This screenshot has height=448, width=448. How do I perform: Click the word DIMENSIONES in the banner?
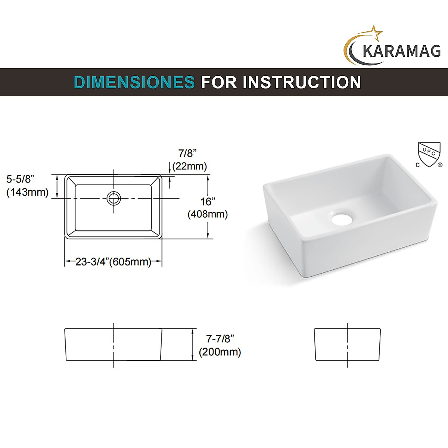click(x=134, y=83)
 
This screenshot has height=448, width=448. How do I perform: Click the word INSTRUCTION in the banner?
click(x=302, y=83)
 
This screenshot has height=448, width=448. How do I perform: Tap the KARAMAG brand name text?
click(x=401, y=51)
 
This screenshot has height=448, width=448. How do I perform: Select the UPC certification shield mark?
click(x=428, y=154)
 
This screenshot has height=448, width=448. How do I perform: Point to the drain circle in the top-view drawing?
click(x=114, y=198)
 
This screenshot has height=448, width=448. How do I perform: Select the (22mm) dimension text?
click(x=190, y=166)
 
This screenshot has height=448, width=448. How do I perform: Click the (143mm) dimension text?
click(x=27, y=192)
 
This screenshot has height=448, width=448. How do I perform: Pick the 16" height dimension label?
click(x=208, y=202)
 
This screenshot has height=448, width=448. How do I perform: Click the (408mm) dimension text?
click(x=208, y=214)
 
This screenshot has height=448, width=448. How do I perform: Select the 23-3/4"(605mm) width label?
click(x=113, y=262)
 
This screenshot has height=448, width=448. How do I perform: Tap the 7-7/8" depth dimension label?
click(x=220, y=339)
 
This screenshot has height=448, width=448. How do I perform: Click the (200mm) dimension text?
click(x=220, y=352)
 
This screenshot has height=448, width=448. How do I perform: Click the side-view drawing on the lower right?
click(x=347, y=345)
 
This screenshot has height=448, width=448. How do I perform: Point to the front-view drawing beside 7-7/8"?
click(x=113, y=345)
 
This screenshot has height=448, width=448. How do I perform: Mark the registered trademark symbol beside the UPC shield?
click(x=440, y=164)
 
